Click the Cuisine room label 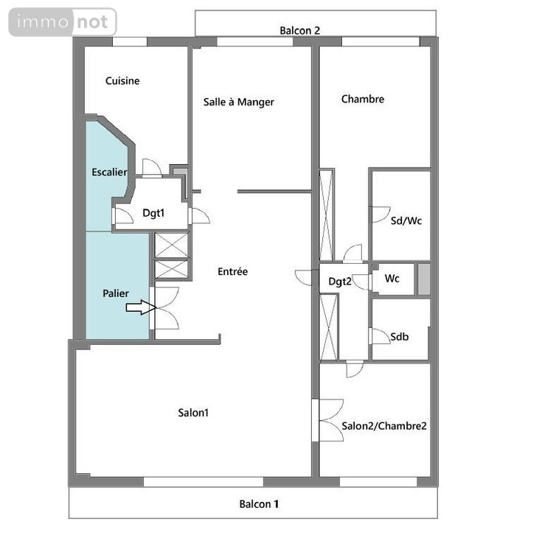click(122, 81)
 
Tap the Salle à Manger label click(239, 102)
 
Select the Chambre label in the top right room click(363, 100)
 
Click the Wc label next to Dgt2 click(393, 279)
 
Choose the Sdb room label click(400, 337)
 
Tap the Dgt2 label click(340, 282)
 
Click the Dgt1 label click(153, 214)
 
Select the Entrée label click(233, 272)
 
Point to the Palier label click(116, 293)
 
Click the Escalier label click(109, 172)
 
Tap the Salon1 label click(193, 413)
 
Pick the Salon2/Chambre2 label click(384, 426)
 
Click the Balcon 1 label click(259, 505)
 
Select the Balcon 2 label click(299, 30)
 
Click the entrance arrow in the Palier click(139, 307)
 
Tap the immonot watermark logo click(63, 22)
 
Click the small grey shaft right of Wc click(423, 279)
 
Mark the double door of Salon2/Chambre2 click(330, 420)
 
